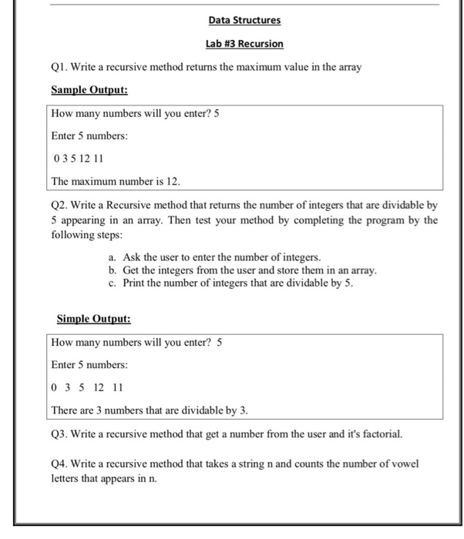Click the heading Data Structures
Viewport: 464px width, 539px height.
(244, 20)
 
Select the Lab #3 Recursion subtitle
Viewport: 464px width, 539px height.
(244, 44)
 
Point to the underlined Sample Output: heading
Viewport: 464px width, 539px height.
(89, 90)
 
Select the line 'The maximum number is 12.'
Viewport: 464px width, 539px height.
(115, 181)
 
